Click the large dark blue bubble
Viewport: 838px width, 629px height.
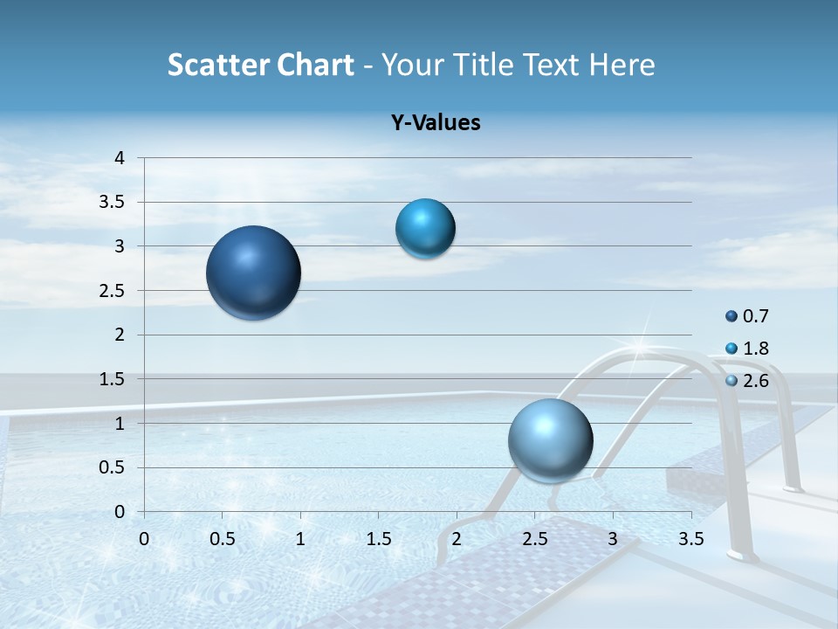[254, 273]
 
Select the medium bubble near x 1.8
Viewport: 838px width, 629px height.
[425, 229]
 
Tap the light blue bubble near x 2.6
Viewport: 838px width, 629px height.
[550, 440]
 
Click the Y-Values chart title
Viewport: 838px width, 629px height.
[435, 123]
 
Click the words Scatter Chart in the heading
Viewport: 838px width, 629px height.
[260, 65]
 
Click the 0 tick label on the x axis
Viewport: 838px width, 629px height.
[144, 539]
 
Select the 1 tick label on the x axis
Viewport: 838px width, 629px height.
[300, 539]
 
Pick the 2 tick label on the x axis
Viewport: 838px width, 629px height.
[457, 539]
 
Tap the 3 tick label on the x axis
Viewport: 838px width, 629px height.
[613, 539]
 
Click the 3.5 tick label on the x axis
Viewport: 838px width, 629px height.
[690, 539]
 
